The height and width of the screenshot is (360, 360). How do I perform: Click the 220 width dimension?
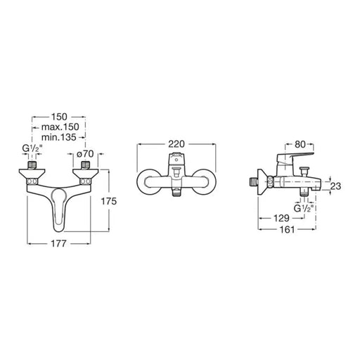coord(176,144)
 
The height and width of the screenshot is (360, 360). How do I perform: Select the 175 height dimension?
coord(108,201)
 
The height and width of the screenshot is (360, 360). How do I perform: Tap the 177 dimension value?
coord(58,243)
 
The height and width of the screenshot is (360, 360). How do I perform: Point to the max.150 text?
coord(60,127)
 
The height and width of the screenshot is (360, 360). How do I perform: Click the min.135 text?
coord(59,137)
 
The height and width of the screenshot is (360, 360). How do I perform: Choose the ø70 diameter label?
coord(85,154)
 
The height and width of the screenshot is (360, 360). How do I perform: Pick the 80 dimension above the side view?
coord(300,144)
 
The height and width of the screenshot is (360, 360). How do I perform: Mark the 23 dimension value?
coord(335,186)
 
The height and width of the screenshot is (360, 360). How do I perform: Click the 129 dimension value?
coord(281,218)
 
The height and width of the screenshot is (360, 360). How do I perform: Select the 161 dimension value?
coord(287,229)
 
